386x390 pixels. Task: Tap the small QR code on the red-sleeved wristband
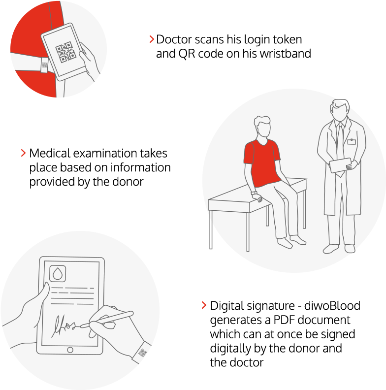coord(44,65)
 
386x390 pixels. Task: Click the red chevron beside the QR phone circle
coord(152,39)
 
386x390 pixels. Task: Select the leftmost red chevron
coord(23,153)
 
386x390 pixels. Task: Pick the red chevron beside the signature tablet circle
coord(204,305)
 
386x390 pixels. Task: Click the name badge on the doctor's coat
coord(351,142)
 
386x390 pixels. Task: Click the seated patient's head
coord(262,128)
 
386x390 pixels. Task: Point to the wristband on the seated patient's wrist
coord(254,193)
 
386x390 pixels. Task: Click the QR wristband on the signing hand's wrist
coord(142,352)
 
